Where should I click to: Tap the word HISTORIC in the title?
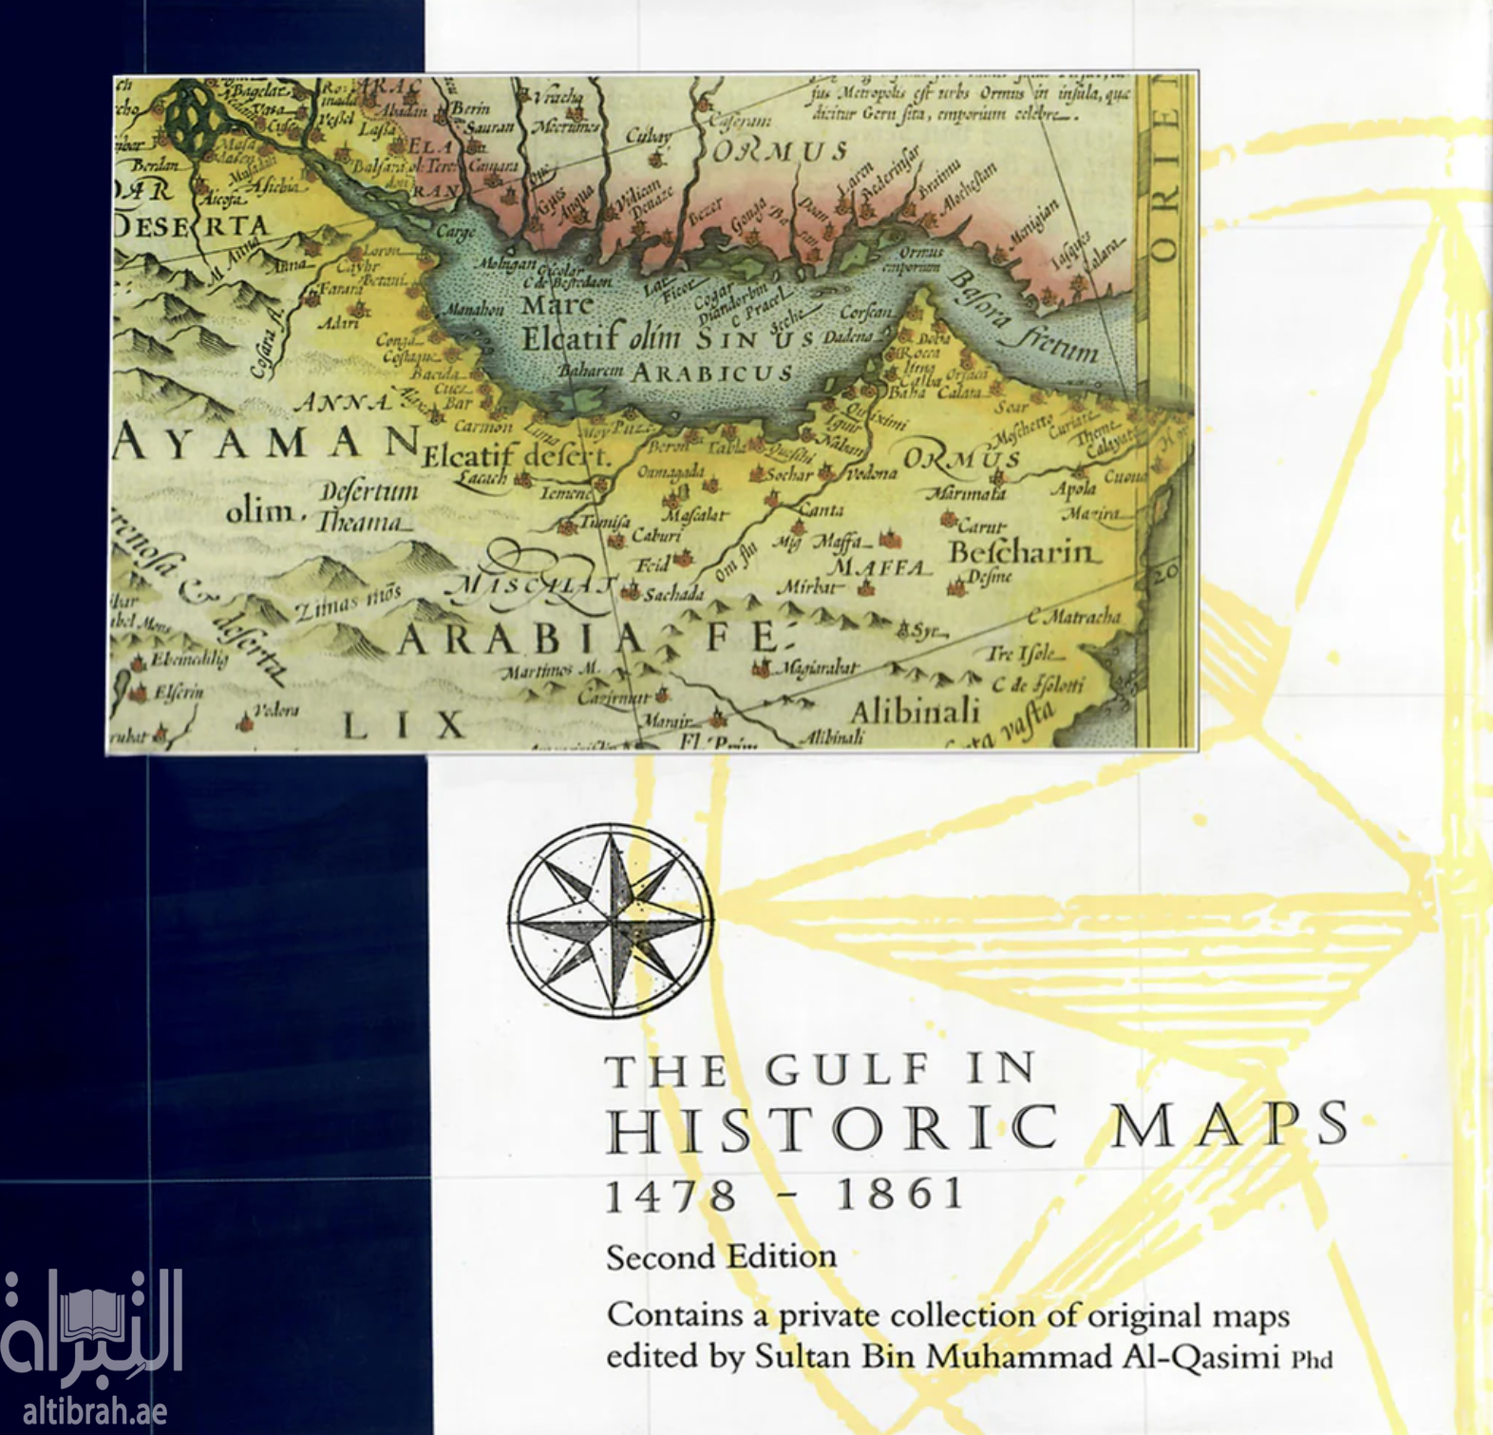coord(831,1128)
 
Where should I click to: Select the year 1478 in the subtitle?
coord(671,1195)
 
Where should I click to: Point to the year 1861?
coord(899,1194)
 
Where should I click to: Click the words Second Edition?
coord(721,1257)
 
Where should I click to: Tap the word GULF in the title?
coord(847,1070)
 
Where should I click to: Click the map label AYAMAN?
coord(266,443)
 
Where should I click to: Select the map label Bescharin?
coord(1025,552)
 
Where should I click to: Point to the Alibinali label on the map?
coord(914,711)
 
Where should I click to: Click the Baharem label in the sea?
coord(590,371)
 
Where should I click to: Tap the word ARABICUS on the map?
coord(712,373)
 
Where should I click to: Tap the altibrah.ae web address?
coord(95,1411)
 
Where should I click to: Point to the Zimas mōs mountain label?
coord(348,602)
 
